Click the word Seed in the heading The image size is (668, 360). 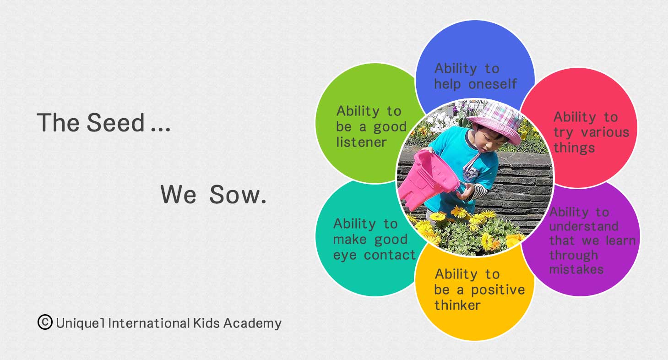point(116,122)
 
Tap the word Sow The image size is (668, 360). point(238,195)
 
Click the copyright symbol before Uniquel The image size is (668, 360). point(45,322)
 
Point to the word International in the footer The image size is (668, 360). point(149,323)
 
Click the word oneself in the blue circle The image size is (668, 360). point(492,84)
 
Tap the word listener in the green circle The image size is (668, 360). point(361,142)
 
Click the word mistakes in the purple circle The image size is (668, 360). point(576,269)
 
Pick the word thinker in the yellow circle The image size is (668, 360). point(457,305)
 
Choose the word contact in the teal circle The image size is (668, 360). point(390,255)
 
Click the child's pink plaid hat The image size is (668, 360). point(496,122)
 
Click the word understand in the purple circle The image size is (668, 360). point(584,226)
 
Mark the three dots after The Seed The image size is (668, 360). point(161,130)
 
